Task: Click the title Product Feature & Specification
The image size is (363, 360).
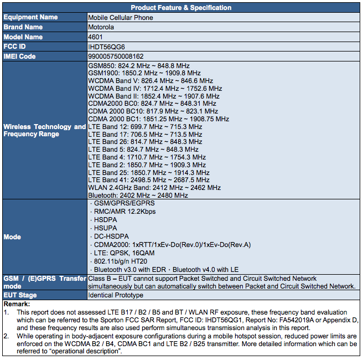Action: [181, 8]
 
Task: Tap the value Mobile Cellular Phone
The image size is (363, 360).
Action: [121, 18]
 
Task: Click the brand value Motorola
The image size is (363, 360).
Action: [101, 27]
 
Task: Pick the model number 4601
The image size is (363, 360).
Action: [95, 37]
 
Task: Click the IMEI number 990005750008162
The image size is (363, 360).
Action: [116, 56]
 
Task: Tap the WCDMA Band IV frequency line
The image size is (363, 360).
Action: [155, 89]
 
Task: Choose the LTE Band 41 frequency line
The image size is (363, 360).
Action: [149, 180]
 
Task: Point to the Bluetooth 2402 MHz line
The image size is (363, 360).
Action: [138, 196]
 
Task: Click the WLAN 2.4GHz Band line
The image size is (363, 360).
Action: [147, 188]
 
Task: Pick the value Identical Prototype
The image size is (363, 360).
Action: [115, 296]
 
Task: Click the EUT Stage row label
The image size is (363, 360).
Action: [20, 296]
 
